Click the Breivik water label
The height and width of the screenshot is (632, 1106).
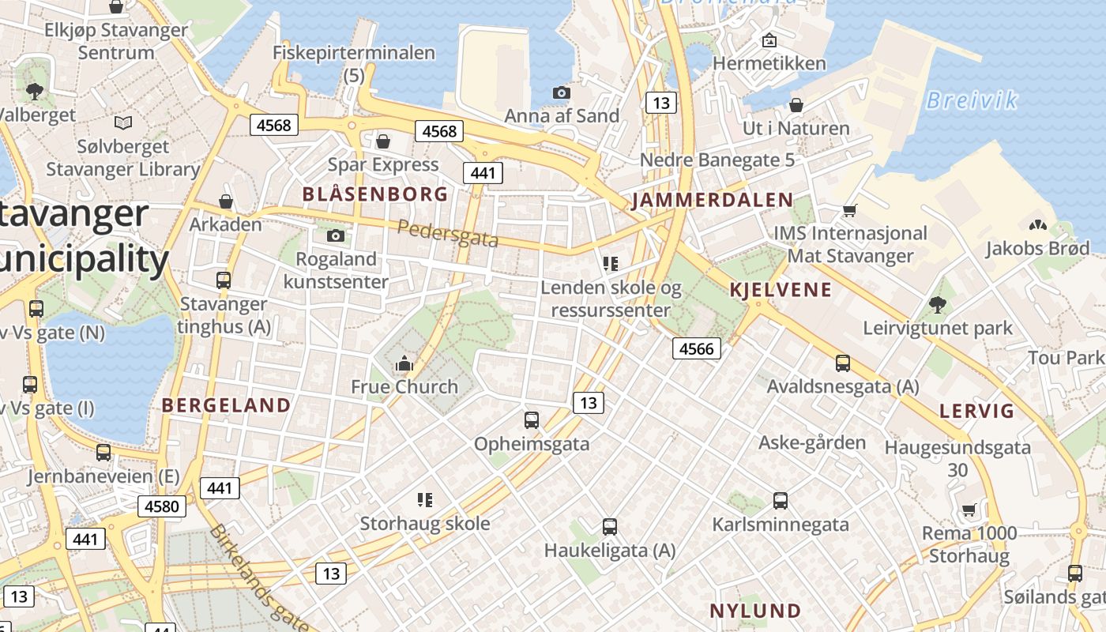[x=971, y=100]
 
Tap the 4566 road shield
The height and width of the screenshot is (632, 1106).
[x=696, y=348]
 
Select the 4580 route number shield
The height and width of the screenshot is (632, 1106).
[x=163, y=506]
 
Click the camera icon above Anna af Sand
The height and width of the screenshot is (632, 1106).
[x=561, y=93]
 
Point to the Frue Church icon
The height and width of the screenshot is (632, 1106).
[x=404, y=363]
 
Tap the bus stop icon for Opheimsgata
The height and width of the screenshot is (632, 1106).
[x=532, y=420]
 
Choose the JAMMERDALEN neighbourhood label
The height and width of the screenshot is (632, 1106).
[x=712, y=200]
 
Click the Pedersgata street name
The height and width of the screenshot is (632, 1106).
[x=447, y=234]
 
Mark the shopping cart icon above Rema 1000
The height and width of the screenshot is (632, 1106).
[x=969, y=510]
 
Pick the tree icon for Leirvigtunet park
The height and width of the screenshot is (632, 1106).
[x=938, y=304]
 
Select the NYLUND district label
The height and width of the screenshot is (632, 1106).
[x=755, y=611]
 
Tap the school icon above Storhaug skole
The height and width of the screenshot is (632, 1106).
[x=425, y=500]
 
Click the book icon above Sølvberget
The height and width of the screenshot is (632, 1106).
[x=122, y=123]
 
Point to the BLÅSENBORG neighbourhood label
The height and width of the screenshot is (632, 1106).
[x=375, y=194]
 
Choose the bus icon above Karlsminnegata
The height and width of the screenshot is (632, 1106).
[x=780, y=501]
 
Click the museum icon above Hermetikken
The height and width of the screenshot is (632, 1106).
[x=769, y=40]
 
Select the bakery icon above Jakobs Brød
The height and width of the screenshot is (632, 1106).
[x=1037, y=225]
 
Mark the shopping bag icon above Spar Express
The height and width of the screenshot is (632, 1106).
[x=383, y=141]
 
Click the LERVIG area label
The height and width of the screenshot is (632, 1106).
[x=976, y=411]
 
